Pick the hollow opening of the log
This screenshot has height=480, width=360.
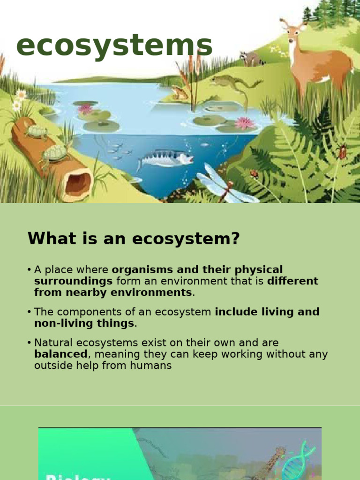pyautogui.click(x=78, y=182)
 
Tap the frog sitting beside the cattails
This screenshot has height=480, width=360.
pyautogui.click(x=180, y=93)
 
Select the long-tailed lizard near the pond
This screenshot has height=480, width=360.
pyautogui.click(x=234, y=83)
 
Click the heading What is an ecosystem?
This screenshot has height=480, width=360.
pyautogui.click(x=134, y=239)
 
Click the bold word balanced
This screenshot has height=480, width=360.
pyautogui.click(x=60, y=354)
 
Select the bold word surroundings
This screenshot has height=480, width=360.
pyautogui.click(x=73, y=281)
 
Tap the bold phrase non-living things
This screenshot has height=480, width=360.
pyautogui.click(x=84, y=323)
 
